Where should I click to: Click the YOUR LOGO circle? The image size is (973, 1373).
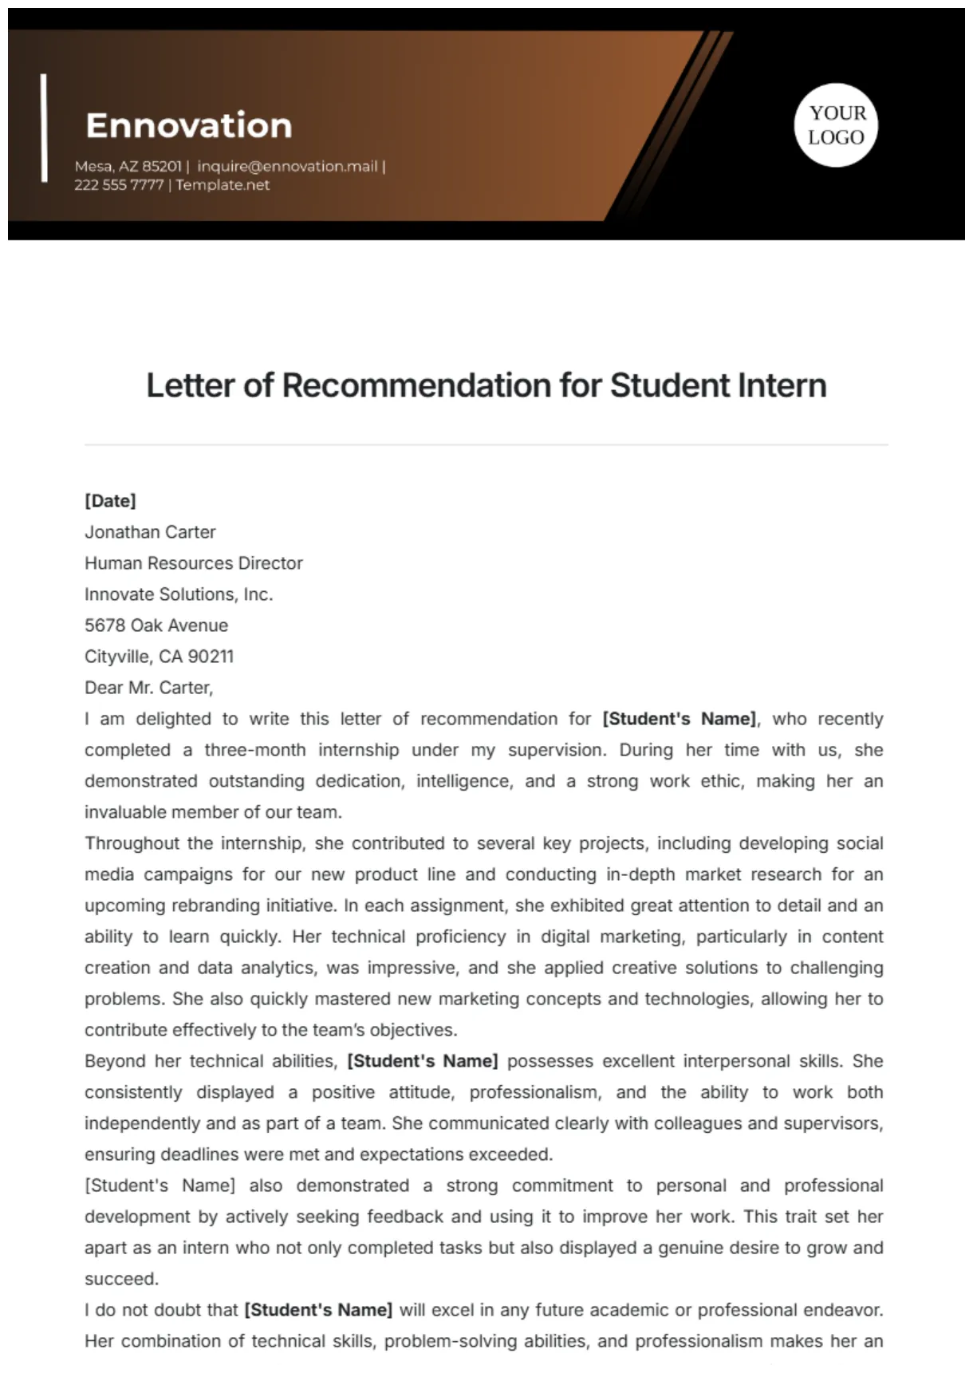click(836, 125)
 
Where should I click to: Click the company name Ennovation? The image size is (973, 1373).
click(189, 125)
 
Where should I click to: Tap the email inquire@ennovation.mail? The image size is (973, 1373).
click(287, 166)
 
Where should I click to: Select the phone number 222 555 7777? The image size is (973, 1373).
click(119, 184)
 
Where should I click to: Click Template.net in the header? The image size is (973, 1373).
click(223, 184)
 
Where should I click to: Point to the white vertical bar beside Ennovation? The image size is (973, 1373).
click(44, 128)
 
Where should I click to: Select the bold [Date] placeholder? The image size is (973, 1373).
click(110, 501)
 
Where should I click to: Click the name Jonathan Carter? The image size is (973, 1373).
click(150, 532)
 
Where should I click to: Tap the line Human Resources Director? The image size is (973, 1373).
click(194, 563)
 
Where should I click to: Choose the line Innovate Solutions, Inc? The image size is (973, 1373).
click(179, 594)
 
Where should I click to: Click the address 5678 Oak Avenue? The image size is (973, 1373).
click(156, 625)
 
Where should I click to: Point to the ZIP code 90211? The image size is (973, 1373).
click(211, 657)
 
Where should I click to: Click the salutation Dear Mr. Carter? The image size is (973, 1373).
click(149, 688)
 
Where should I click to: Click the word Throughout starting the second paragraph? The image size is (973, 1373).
click(132, 843)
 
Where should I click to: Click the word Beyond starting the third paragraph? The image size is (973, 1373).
click(115, 1061)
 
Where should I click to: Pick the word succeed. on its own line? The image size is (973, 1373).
click(122, 1279)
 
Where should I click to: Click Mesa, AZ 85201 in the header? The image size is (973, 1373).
click(128, 166)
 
